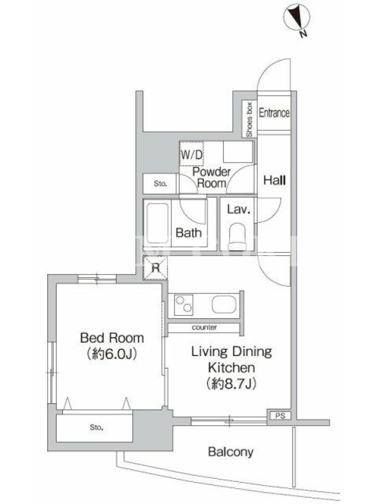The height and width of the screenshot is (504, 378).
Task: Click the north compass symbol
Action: (297, 18)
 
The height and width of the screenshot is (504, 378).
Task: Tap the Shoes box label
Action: (249, 120)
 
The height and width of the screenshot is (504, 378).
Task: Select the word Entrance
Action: (274, 113)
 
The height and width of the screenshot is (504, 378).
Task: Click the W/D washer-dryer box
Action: (192, 154)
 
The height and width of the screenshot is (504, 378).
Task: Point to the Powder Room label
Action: (212, 178)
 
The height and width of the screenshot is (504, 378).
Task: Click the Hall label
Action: (275, 180)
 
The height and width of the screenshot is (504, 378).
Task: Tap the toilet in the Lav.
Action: (238, 237)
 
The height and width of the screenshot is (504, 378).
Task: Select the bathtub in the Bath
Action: (157, 223)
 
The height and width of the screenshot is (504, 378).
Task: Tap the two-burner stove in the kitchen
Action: (183, 305)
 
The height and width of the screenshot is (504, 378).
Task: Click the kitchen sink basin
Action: (224, 304)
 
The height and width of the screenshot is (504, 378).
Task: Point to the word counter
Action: (204, 328)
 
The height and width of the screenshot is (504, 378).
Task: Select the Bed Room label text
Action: (112, 338)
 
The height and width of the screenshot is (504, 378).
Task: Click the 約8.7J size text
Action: (231, 383)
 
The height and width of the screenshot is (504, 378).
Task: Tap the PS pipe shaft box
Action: (280, 416)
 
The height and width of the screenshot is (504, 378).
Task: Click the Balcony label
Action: (231, 452)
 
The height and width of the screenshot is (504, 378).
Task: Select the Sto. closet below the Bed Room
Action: (94, 428)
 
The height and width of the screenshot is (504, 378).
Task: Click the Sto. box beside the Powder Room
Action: (160, 184)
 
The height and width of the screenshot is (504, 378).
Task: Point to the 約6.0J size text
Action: (112, 354)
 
